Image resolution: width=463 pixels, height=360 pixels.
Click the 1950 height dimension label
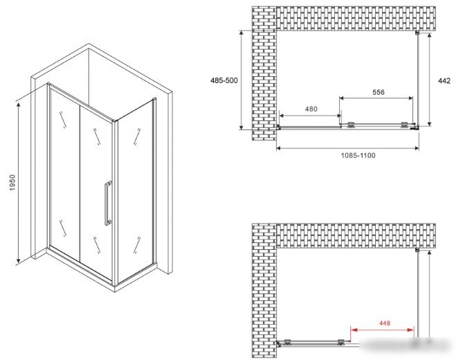(x=12, y=183)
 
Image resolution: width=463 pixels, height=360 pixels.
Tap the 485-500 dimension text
(x=224, y=80)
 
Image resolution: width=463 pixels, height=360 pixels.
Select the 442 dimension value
(x=444, y=80)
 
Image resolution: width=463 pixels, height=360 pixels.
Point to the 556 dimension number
(x=379, y=92)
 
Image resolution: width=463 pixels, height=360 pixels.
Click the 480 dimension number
(x=311, y=109)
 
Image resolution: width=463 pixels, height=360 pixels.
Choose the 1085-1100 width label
(x=358, y=155)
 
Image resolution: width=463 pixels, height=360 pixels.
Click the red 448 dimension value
(x=385, y=323)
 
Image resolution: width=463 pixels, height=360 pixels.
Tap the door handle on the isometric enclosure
(x=108, y=203)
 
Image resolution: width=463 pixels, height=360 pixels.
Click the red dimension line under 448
(x=382, y=330)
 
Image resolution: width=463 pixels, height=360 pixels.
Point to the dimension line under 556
(x=376, y=98)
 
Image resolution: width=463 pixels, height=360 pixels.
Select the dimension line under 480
(x=310, y=116)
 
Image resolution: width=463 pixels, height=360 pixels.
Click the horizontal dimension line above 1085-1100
(x=347, y=148)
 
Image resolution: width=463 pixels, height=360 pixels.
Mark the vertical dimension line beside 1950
(x=19, y=183)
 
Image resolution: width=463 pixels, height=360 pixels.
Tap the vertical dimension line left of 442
(x=429, y=80)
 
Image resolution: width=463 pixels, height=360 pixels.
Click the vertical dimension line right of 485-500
(x=242, y=80)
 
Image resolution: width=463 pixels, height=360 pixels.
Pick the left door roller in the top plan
(x=351, y=125)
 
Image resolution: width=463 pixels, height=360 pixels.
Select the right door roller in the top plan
(x=405, y=125)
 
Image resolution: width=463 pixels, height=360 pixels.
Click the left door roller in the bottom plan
(x=287, y=342)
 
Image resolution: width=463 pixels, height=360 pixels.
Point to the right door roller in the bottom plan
(x=341, y=342)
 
